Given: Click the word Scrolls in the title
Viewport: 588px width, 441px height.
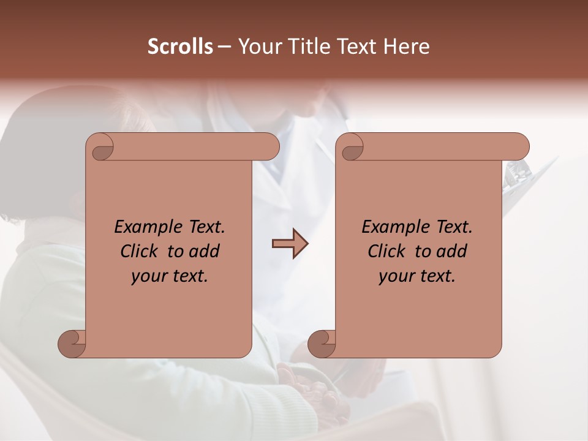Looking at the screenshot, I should click(181, 47).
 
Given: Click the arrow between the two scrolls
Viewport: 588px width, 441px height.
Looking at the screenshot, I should click(290, 244).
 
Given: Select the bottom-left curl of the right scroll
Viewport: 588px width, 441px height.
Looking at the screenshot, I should click(322, 344).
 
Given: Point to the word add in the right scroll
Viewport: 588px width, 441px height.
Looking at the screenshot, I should click(453, 251).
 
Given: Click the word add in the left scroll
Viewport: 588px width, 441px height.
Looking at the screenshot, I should click(205, 251).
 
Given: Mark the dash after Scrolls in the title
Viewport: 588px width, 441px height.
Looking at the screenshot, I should click(224, 47).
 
